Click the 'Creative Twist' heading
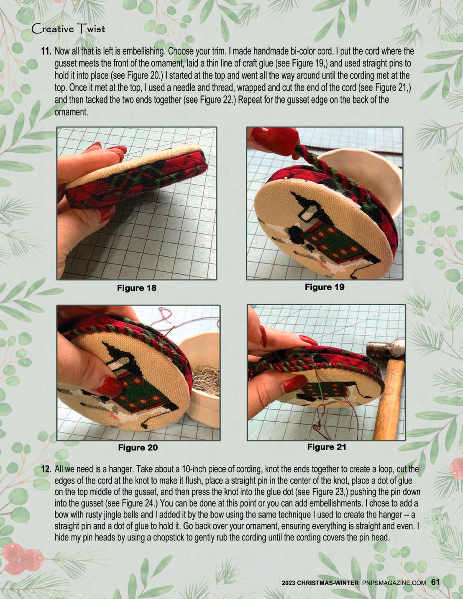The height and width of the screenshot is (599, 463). [69, 29]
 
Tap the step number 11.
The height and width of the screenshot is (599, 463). [46, 51]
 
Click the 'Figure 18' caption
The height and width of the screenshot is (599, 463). [136, 288]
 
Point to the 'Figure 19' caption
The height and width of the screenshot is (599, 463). [325, 287]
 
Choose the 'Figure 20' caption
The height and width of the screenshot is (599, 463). [138, 447]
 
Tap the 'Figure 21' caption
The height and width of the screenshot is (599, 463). [327, 447]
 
